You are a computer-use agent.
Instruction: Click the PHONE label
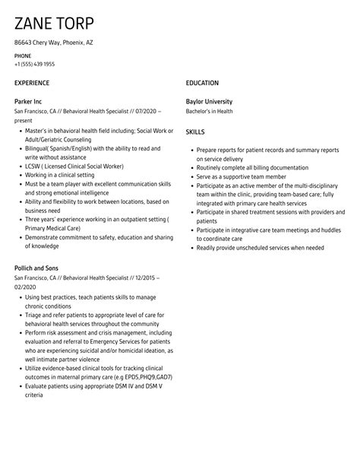(23, 56)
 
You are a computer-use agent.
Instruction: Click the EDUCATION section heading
(202, 83)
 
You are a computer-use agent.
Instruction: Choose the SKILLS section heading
(195, 132)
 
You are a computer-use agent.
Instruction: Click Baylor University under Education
(210, 101)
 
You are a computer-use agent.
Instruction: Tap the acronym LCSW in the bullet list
(33, 166)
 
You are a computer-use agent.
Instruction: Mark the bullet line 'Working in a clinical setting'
(61, 174)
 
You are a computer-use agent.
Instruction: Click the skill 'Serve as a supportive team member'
(242, 176)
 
